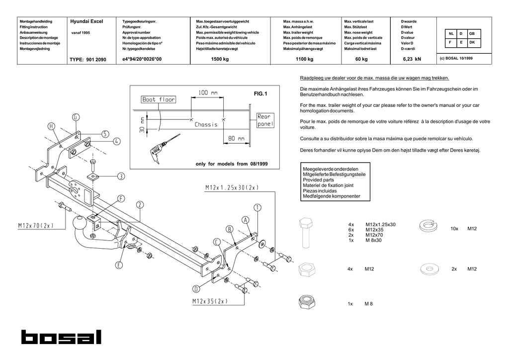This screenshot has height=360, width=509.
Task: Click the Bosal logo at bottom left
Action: pyautogui.click(x=61, y=337)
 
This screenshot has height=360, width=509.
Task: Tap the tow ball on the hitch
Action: pyautogui.click(x=79, y=223)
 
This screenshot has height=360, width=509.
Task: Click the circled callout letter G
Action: pyautogui.click(x=76, y=117)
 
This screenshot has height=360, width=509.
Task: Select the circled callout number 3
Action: pyautogui.click(x=121, y=176)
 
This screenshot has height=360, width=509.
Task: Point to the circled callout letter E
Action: pyautogui.click(x=119, y=265)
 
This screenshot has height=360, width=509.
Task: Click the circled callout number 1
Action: pyautogui.click(x=257, y=207)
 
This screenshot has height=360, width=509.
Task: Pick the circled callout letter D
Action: pyautogui.click(x=196, y=289)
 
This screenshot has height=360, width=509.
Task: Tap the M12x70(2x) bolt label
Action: pyautogui.click(x=36, y=226)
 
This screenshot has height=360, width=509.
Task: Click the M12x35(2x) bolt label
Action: pyautogui.click(x=210, y=301)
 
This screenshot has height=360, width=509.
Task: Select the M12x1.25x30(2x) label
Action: pyautogui.click(x=232, y=187)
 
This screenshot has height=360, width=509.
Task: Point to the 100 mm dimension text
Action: pyautogui.click(x=208, y=93)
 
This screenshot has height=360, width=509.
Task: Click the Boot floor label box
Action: pyautogui.click(x=159, y=99)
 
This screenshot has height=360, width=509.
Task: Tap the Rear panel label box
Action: pyautogui.click(x=265, y=120)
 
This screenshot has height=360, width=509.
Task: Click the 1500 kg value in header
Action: pyautogui.click(x=220, y=59)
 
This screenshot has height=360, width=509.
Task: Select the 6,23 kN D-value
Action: pyautogui.click(x=412, y=59)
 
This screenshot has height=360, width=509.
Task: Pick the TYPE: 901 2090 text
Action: pyautogui.click(x=88, y=60)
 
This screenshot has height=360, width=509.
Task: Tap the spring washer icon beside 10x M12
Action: pyautogui.click(x=428, y=226)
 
